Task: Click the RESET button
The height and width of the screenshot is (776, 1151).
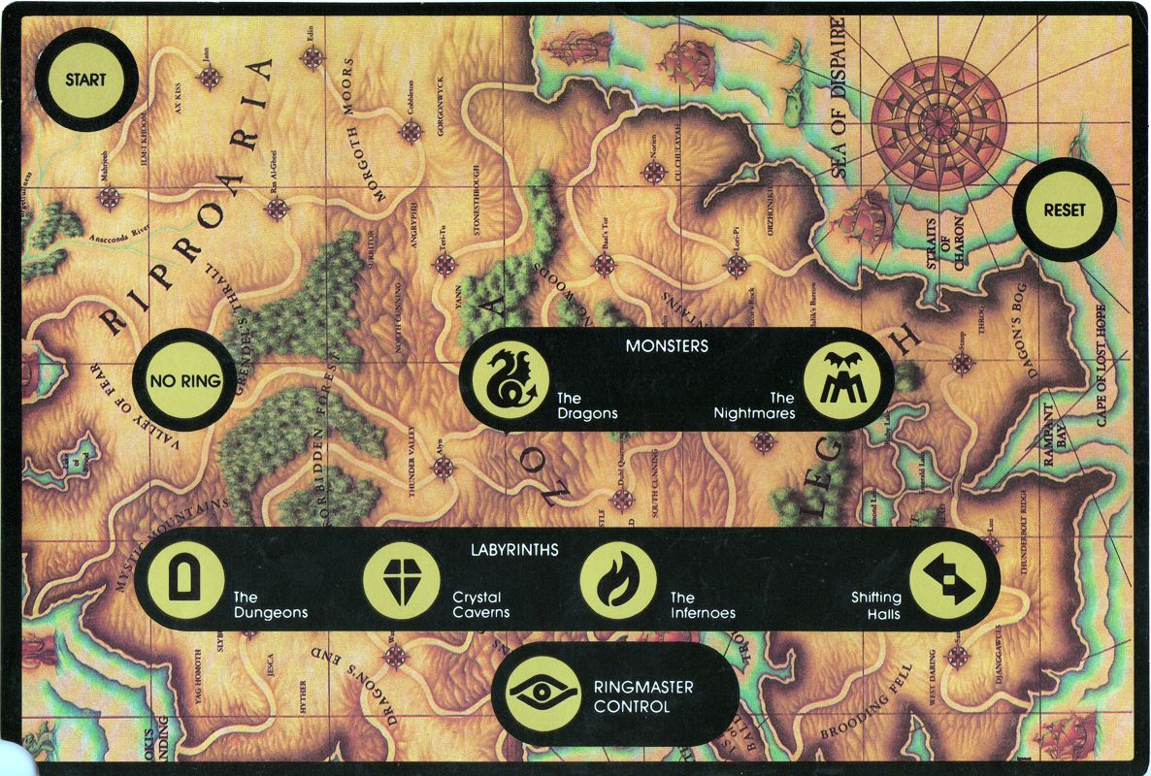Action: click(x=1065, y=210)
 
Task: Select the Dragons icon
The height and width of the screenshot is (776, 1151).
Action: click(x=505, y=379)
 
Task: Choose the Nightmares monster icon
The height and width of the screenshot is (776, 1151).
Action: click(x=841, y=379)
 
